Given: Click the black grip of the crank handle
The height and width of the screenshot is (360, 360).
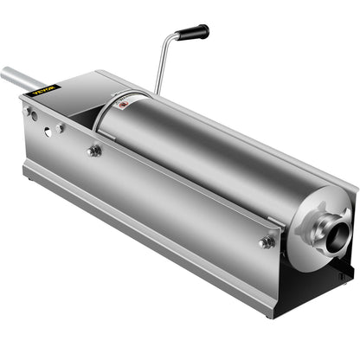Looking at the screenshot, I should (x=193, y=32).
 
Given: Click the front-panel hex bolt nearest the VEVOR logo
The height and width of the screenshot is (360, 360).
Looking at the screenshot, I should (x=93, y=151).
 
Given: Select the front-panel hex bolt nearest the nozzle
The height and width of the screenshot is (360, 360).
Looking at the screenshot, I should (x=266, y=241).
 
